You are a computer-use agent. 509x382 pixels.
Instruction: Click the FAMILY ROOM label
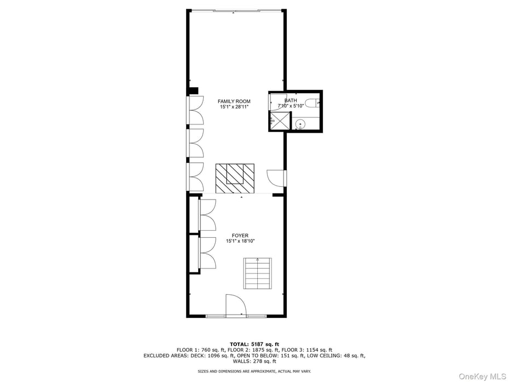tap(234, 101)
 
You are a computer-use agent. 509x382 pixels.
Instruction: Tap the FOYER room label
tap(240, 236)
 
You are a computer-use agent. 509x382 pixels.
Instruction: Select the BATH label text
tap(291, 100)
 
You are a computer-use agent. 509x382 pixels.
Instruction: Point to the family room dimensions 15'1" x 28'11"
tap(234, 107)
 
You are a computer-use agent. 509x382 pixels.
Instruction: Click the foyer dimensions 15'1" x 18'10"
tap(240, 241)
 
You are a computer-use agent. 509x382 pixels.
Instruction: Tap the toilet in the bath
tap(313, 102)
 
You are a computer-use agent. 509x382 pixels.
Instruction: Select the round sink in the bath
tap(300, 124)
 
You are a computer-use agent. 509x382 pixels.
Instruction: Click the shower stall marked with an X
tap(280, 121)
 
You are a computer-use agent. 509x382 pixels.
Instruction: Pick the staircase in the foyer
tap(257, 273)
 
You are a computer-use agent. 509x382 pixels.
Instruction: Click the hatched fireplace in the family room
tap(235, 178)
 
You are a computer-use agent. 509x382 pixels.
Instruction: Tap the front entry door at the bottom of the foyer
tap(236, 305)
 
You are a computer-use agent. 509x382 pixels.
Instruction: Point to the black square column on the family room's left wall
tap(193, 91)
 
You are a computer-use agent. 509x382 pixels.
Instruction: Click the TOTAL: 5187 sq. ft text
tap(254, 344)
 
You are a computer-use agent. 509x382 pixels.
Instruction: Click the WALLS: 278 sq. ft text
tap(254, 361)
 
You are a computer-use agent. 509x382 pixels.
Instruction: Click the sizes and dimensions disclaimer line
tap(254, 372)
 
